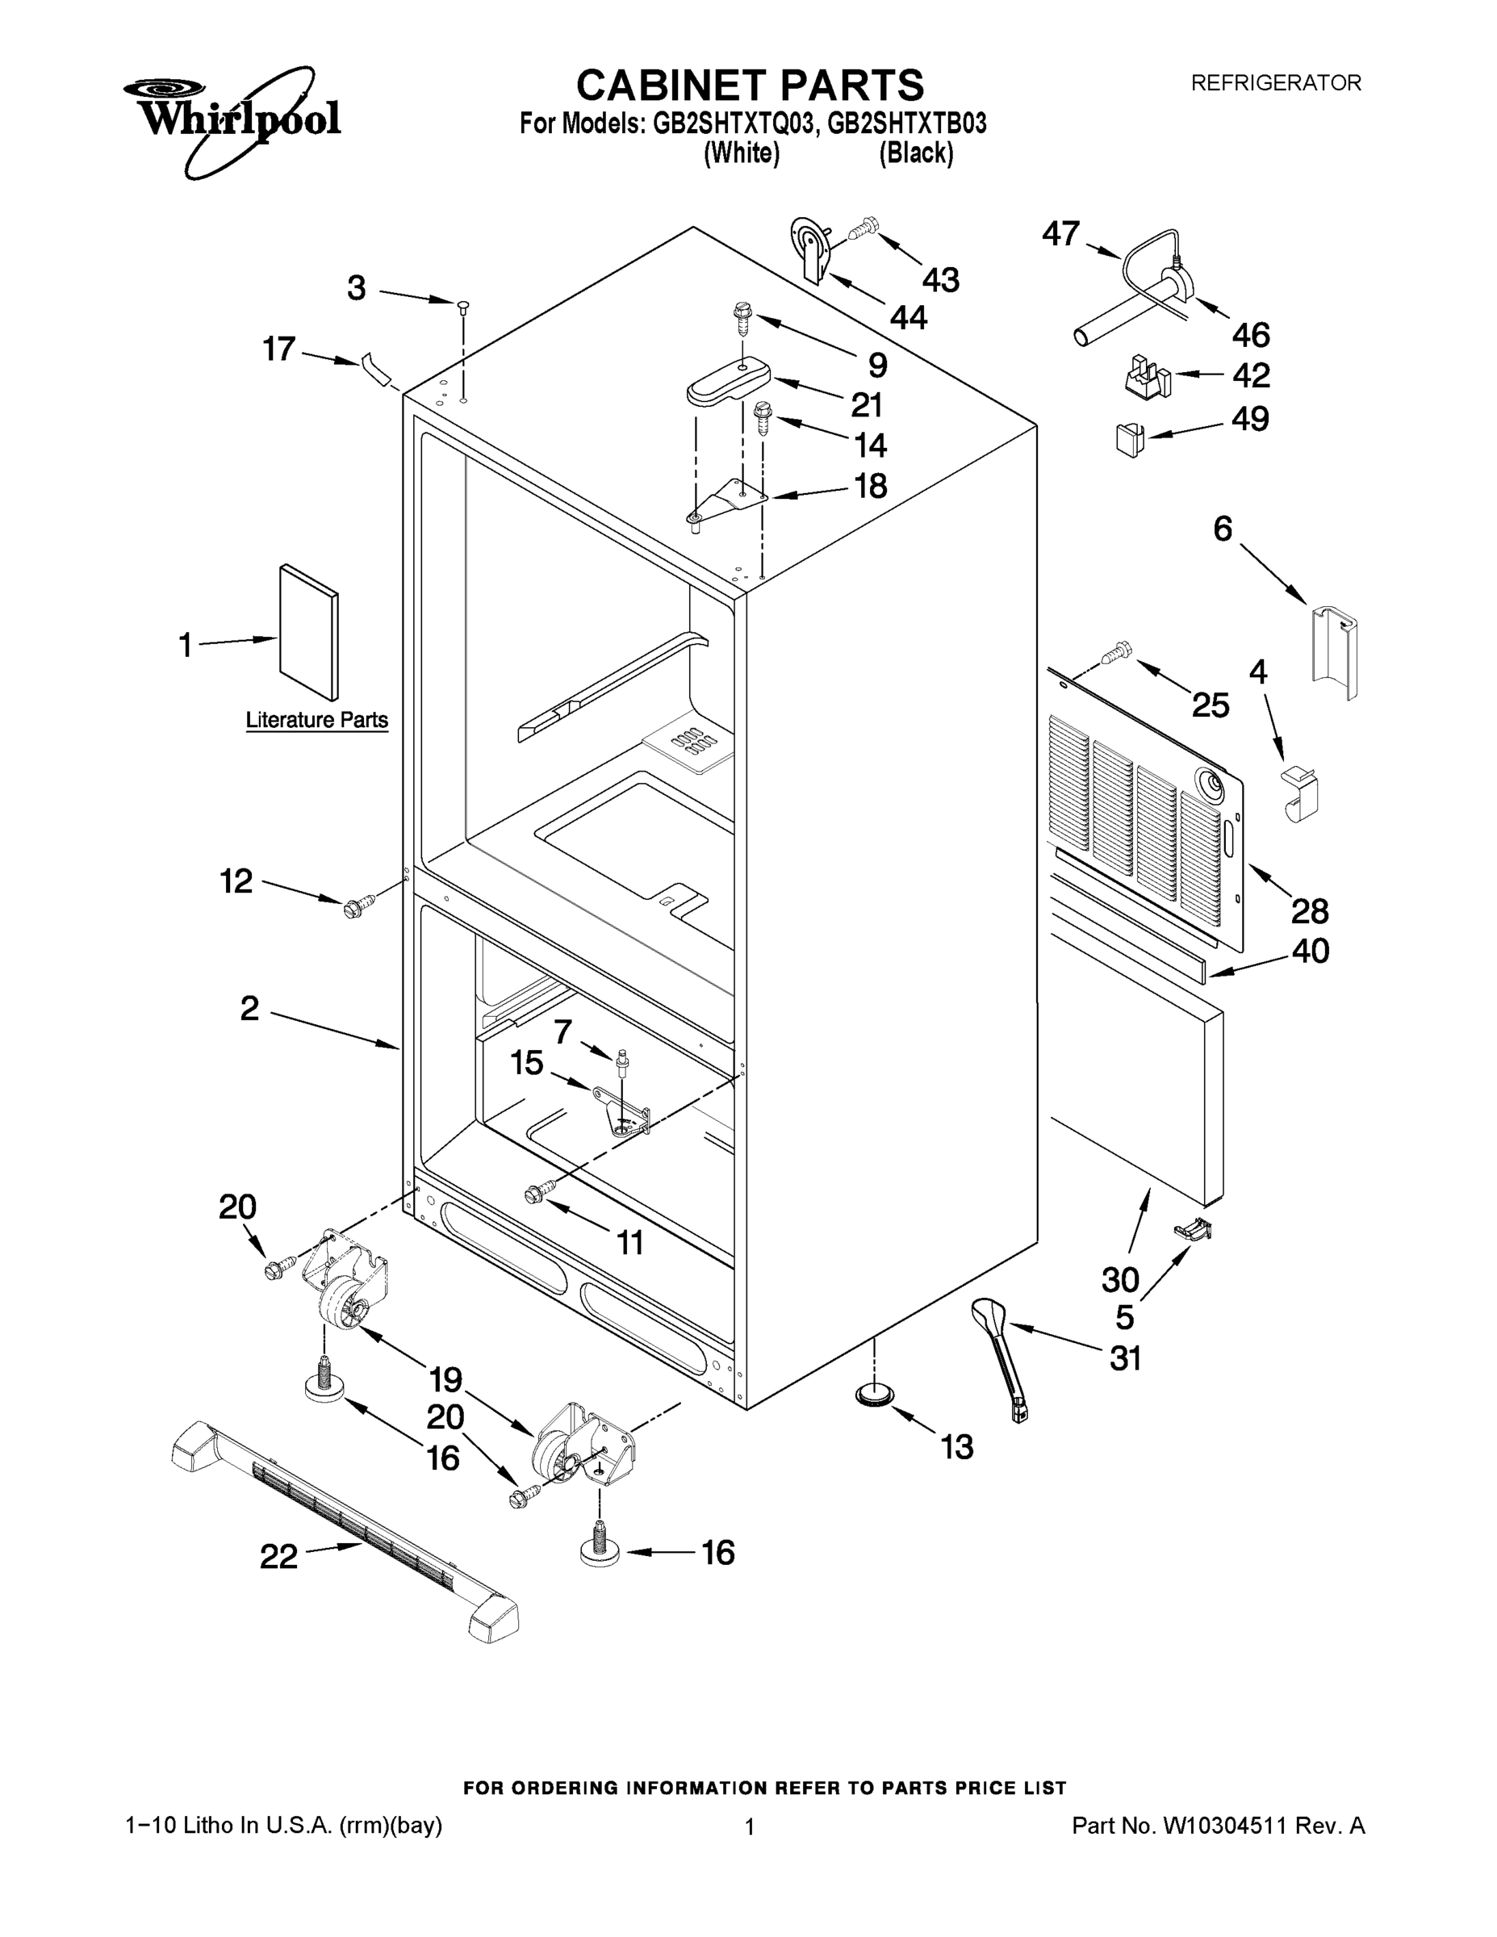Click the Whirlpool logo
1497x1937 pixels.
[x=232, y=117]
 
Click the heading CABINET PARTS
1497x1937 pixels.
[x=750, y=86]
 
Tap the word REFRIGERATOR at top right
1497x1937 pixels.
[x=1275, y=83]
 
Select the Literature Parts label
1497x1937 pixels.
[x=316, y=720]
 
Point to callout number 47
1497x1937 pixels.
[x=1060, y=234]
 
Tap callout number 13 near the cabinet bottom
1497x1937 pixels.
[x=957, y=1447]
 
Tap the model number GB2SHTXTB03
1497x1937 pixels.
[x=906, y=123]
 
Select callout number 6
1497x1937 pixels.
[x=1222, y=529]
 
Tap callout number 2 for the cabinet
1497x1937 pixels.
[x=250, y=1008]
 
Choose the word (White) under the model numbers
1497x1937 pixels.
[x=742, y=153]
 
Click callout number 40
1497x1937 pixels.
[x=1310, y=952]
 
